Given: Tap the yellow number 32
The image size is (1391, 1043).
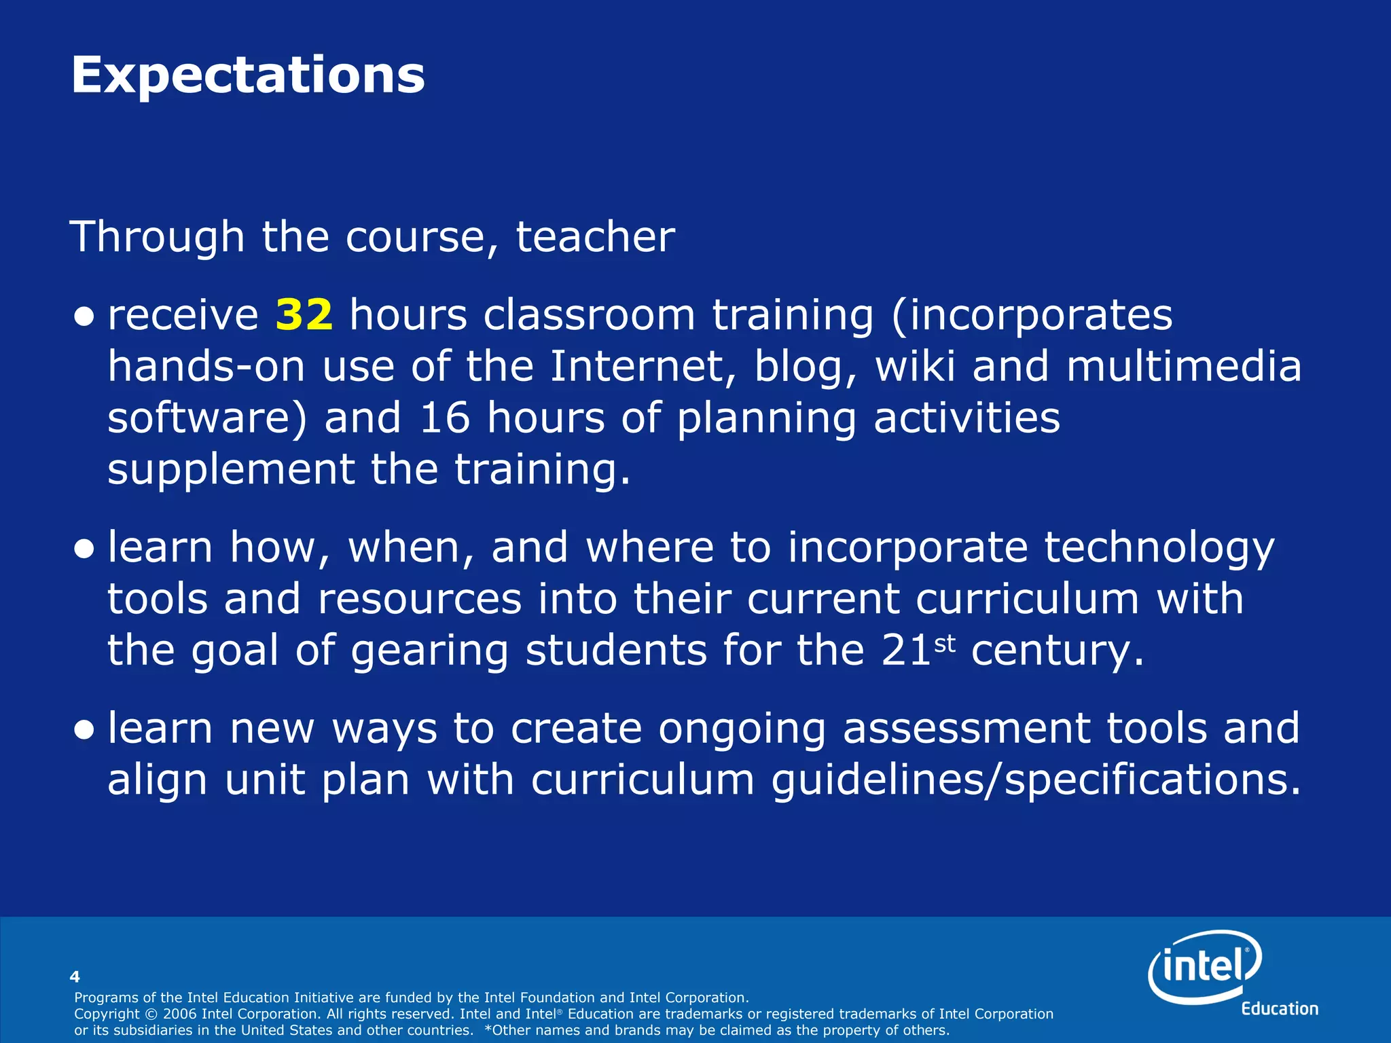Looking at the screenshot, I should pyautogui.click(x=304, y=315).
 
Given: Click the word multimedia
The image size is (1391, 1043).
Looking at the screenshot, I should pyautogui.click(x=1184, y=367).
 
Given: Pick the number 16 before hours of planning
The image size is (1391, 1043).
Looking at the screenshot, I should pyautogui.click(x=445, y=418).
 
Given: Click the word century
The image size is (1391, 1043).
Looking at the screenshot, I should pyautogui.click(x=1057, y=651).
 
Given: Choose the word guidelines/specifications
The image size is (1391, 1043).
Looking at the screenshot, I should pyautogui.click(x=1036, y=780).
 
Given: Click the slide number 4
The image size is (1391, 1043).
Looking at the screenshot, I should pyautogui.click(x=75, y=976).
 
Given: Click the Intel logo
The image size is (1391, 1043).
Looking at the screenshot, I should pyautogui.click(x=1204, y=966).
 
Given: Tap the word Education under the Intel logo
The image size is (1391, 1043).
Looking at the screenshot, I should pyautogui.click(x=1280, y=1009).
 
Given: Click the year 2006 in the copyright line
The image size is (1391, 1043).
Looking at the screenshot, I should pyautogui.click(x=180, y=1014).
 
